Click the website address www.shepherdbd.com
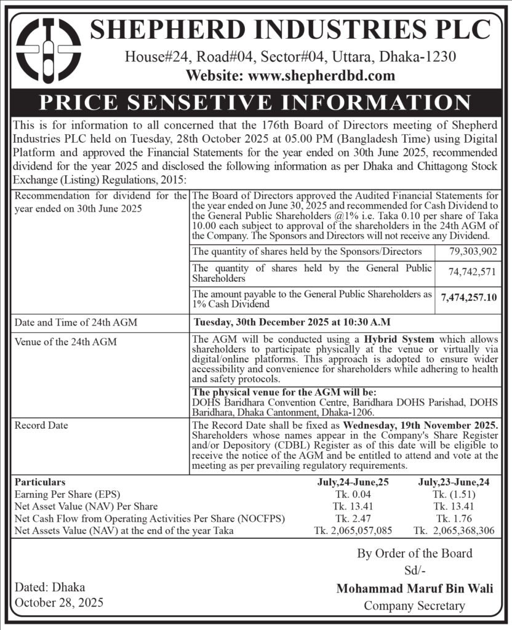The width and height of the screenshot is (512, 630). (x=290, y=76)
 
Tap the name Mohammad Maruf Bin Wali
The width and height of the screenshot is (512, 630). (x=414, y=589)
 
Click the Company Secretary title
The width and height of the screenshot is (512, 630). (x=414, y=605)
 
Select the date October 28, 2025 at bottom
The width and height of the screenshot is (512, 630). (x=59, y=601)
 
